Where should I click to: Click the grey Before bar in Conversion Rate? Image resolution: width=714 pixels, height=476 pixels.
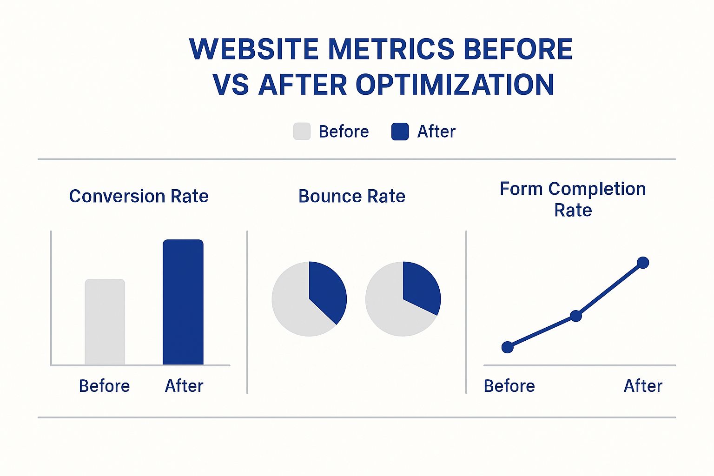[105, 322]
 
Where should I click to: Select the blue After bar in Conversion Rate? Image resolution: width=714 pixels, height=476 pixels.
[183, 302]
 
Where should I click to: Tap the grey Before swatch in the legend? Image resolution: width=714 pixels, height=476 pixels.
[302, 132]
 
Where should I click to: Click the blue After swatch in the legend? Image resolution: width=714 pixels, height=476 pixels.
[400, 132]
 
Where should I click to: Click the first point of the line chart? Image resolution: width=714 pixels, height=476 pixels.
[508, 347]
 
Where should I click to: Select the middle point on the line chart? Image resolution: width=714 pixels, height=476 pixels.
[576, 316]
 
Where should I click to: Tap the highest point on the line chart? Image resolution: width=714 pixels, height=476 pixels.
[643, 263]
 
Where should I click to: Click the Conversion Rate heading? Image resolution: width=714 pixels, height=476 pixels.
[139, 196]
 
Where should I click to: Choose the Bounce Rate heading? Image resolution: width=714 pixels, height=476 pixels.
[351, 196]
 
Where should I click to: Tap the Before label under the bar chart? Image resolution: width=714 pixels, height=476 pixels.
[104, 386]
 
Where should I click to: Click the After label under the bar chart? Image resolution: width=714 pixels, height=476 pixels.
[184, 386]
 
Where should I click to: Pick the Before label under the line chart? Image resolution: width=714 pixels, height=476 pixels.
[509, 386]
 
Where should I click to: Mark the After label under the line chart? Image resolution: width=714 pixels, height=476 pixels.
[643, 386]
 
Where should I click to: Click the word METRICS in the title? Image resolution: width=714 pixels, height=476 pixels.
[391, 49]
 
